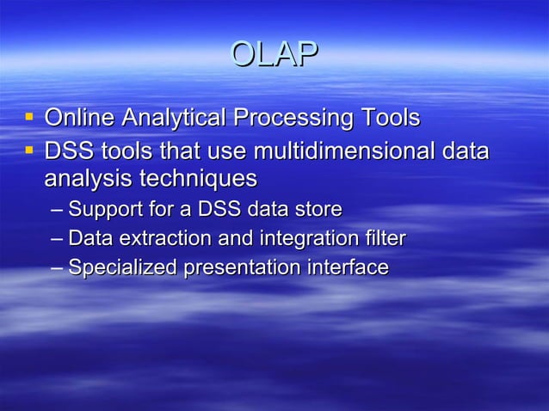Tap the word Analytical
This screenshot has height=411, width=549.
point(171,117)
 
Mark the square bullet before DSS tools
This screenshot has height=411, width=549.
point(30,150)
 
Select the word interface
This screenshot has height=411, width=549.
point(343,267)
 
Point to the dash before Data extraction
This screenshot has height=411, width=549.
point(57,239)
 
